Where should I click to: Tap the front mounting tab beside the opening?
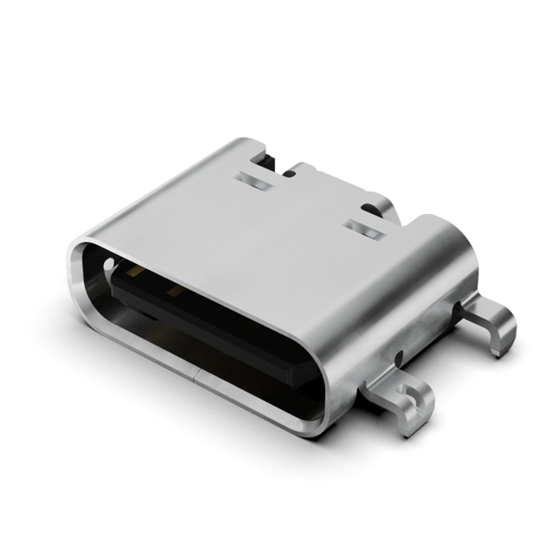(x=397, y=397)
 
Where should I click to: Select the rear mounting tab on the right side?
(x=490, y=323)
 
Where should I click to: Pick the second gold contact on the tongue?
(x=176, y=292)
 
